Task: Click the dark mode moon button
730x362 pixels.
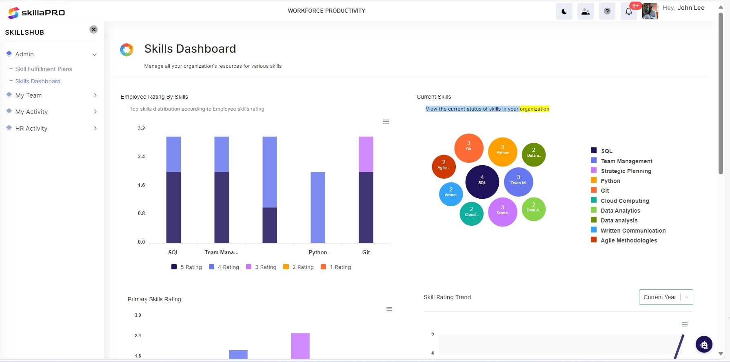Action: click(564, 11)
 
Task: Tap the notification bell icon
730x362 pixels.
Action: click(629, 11)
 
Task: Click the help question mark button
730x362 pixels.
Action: click(607, 11)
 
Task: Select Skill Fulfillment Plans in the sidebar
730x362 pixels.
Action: click(44, 69)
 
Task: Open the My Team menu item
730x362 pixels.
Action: click(29, 95)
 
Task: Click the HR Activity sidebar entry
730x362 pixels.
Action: click(31, 129)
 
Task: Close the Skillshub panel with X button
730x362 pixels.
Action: click(93, 29)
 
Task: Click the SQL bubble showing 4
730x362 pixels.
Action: click(482, 182)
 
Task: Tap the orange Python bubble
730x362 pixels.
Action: click(502, 152)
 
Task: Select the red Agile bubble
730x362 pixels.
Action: click(444, 167)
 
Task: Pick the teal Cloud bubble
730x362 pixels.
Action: click(471, 214)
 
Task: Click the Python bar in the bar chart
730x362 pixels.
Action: click(318, 207)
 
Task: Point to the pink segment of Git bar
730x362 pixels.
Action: click(366, 154)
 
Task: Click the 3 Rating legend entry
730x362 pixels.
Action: click(262, 267)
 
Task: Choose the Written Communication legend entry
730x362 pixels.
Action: click(633, 231)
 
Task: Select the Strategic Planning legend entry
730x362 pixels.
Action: click(626, 171)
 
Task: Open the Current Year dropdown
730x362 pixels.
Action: click(666, 297)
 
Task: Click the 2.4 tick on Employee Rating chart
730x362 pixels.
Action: click(141, 157)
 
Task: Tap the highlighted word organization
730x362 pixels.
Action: click(534, 109)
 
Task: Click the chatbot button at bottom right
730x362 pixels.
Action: click(704, 344)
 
